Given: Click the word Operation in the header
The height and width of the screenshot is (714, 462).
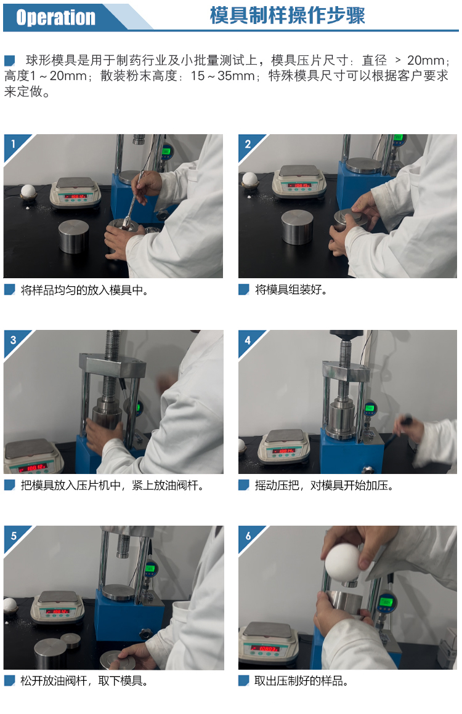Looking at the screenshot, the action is pos(56,18).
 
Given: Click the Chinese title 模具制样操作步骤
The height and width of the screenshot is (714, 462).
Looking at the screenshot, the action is pos(288,15).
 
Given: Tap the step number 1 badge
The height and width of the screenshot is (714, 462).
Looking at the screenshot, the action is pos(13,144).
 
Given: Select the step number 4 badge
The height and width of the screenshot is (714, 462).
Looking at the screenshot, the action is pos(248,340).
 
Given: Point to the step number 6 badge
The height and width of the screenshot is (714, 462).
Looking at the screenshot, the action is pos(248,536).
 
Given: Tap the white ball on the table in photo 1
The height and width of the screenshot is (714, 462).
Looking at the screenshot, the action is pos(28,191).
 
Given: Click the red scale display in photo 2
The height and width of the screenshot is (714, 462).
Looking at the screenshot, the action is pos(301,186).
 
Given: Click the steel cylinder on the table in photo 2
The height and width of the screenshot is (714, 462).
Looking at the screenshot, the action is pos(297,227).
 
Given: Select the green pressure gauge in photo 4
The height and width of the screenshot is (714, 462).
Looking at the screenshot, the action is pos(370,408).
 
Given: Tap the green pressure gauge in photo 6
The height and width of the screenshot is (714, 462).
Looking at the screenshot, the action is pos(386,603).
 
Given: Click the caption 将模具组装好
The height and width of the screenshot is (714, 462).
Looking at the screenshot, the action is pos(291,290).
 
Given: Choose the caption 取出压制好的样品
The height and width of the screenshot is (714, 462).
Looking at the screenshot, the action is pos(301,681).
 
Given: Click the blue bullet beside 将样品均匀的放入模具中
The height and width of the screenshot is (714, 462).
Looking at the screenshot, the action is pos(10,290).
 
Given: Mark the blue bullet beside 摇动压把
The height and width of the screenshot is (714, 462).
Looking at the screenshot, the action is pos(244,486).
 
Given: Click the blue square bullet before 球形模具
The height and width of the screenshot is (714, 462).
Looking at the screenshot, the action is pos(10,60).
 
